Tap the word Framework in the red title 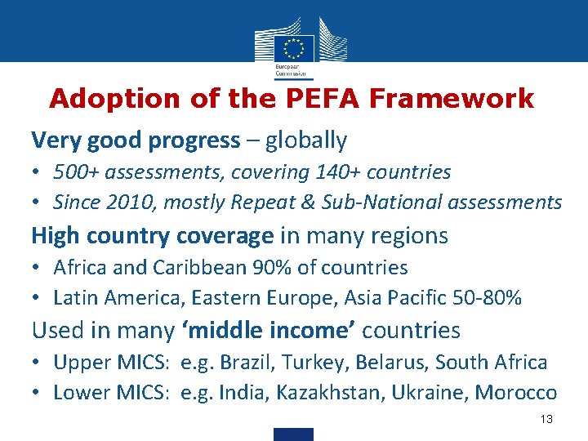452,100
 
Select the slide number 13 546,419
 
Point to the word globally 305,140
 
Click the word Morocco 516,393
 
